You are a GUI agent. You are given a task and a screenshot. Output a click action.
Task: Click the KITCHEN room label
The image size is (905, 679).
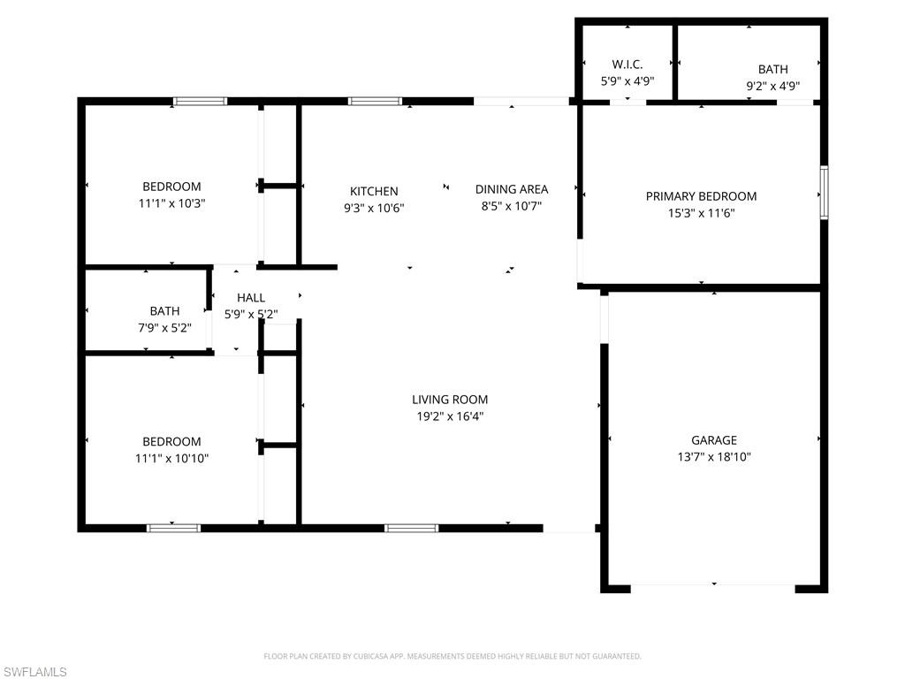pyautogui.click(x=374, y=191)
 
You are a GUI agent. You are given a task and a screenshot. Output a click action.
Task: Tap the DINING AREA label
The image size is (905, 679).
pyautogui.click(x=511, y=189)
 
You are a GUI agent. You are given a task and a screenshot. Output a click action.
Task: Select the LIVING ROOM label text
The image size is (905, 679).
pyautogui.click(x=450, y=400)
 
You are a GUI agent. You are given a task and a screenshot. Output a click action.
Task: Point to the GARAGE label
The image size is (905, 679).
pyautogui.click(x=713, y=440)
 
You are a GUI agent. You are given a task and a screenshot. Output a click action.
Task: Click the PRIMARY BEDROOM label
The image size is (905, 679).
pyautogui.click(x=701, y=196)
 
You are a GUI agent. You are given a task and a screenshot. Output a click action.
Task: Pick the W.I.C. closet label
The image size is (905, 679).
pyautogui.click(x=627, y=65)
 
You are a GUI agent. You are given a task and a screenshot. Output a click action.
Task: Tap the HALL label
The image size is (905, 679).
pyautogui.click(x=251, y=298)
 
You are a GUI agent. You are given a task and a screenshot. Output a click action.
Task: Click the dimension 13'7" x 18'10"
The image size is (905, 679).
pyautogui.click(x=713, y=457)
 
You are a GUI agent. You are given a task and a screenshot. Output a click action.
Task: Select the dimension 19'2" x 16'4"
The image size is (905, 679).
pyautogui.click(x=450, y=416)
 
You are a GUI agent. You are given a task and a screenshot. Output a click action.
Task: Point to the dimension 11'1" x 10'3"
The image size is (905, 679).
pyautogui.click(x=171, y=202)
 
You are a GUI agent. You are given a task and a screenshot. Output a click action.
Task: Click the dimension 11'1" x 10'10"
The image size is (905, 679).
pyautogui.click(x=171, y=458)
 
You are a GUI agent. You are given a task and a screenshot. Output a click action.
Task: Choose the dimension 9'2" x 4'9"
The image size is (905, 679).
pyautogui.click(x=772, y=86)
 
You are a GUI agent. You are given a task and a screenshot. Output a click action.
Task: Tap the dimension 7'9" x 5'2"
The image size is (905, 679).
pyautogui.click(x=164, y=327)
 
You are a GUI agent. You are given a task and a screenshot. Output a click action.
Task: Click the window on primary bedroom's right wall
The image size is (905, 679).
pyautogui.click(x=824, y=192)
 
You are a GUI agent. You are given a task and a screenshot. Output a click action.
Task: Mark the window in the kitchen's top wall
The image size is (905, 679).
pyautogui.click(x=375, y=101)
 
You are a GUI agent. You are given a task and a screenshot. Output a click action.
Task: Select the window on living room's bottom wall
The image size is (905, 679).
pyautogui.click(x=411, y=529)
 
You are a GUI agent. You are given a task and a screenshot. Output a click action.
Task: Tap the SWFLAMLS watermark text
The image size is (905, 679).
pyautogui.click(x=34, y=672)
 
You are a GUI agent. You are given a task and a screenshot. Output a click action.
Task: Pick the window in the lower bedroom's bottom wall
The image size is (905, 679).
pyautogui.click(x=173, y=529)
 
